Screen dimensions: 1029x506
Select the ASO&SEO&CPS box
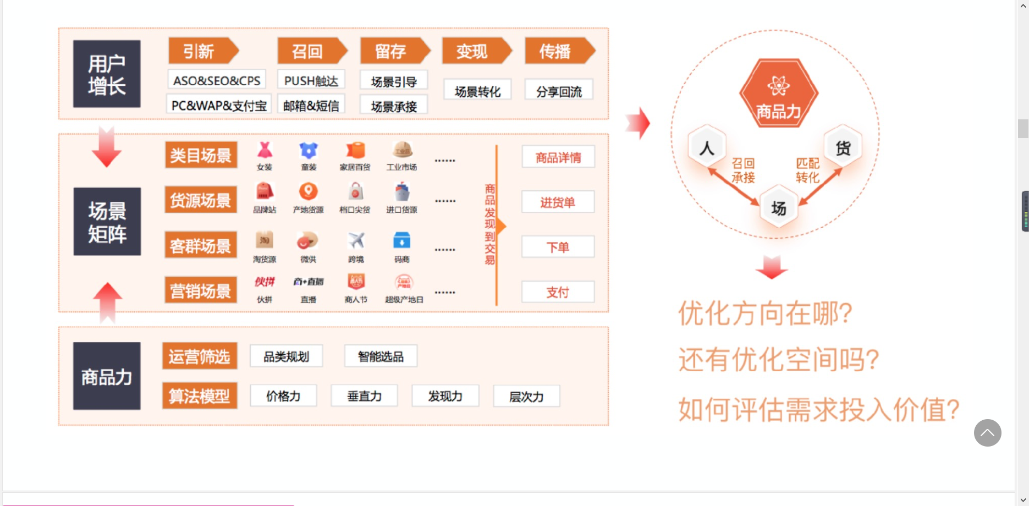217,80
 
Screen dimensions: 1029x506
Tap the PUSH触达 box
311,80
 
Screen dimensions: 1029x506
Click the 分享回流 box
559,91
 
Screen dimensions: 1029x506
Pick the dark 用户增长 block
107,74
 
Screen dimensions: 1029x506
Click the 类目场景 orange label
201,156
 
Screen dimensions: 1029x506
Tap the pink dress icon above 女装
265,150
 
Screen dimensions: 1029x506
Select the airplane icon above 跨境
356,240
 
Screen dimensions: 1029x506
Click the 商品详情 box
558,157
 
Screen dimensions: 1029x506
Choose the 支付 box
558,292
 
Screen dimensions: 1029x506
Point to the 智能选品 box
381,356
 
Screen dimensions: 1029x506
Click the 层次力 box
526,396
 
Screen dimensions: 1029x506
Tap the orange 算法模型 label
200,396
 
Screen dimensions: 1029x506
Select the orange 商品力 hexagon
778,94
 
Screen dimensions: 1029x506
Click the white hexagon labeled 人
707,147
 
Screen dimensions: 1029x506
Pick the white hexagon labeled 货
843,147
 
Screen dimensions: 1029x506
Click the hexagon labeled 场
778,207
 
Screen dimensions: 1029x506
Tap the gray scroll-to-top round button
987,433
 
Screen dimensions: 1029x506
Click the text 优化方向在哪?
765,314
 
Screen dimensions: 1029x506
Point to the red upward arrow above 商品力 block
107,300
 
